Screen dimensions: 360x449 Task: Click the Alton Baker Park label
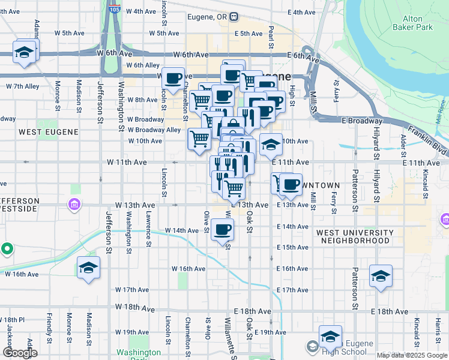click(412, 23)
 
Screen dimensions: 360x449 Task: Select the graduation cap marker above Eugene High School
click(330, 337)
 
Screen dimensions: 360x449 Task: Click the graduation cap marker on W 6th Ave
click(25, 52)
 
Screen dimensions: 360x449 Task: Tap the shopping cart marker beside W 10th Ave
click(199, 139)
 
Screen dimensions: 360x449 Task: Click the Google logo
click(20, 353)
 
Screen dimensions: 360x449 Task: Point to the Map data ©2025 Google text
click(411, 355)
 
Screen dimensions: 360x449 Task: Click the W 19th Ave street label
click(131, 332)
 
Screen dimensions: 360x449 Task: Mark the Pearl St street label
click(271, 37)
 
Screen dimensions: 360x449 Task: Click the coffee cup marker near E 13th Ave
click(291, 185)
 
